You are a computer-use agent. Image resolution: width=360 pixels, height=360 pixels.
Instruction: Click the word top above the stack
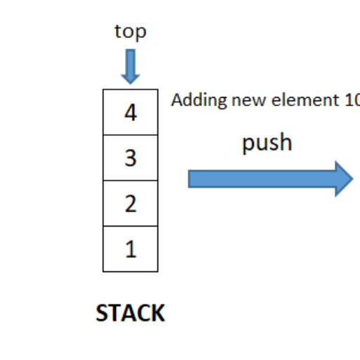click(130, 32)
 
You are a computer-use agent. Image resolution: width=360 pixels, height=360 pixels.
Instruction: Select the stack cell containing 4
click(130, 112)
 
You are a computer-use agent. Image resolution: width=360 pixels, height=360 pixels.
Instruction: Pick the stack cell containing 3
click(130, 157)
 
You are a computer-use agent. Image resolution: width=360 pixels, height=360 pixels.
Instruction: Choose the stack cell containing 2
click(130, 203)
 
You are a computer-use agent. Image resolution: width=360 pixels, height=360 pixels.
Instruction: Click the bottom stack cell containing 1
click(130, 249)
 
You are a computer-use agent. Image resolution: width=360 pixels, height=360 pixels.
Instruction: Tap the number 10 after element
click(352, 101)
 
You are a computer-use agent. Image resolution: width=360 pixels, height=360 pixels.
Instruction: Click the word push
click(266, 143)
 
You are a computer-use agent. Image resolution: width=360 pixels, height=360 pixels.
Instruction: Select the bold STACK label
click(130, 313)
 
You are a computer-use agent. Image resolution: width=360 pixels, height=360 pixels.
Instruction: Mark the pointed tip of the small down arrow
click(130, 82)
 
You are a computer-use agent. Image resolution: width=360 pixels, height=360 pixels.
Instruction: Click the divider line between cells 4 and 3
click(130, 135)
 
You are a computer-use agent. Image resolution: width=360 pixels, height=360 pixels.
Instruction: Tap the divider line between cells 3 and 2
click(130, 181)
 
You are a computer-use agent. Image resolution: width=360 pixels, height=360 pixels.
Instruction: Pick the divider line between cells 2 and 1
click(130, 226)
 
